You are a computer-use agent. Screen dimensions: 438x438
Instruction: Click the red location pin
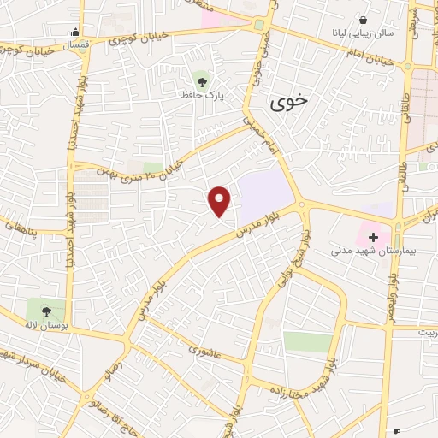[221, 200]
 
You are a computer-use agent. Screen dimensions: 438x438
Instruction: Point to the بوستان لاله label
[45, 327]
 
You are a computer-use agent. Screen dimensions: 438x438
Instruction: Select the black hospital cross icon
[373, 235]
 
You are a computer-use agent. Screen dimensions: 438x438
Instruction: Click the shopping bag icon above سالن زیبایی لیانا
[364, 19]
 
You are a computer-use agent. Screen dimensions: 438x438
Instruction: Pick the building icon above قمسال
[77, 33]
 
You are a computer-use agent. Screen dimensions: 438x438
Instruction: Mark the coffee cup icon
[395, 431]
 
